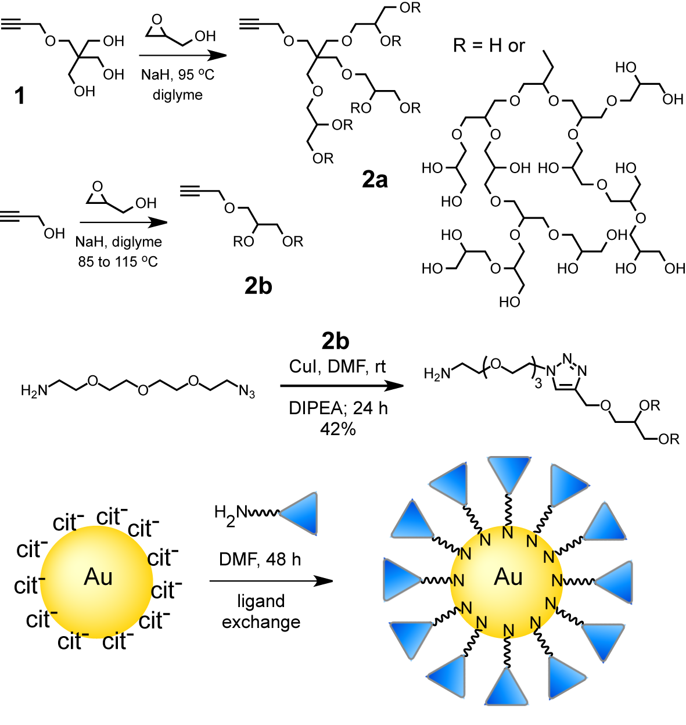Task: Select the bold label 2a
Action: pos(375,180)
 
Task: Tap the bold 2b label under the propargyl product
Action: pos(258,286)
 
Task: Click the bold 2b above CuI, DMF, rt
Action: pos(335,341)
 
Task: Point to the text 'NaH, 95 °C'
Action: pos(177,75)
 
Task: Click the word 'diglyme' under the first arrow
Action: pos(177,95)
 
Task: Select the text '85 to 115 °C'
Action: pos(118,262)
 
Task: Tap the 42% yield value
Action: pos(337,429)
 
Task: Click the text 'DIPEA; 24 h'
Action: pos(337,408)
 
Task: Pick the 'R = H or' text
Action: pos(489,46)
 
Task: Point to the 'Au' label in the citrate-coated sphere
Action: pos(98,577)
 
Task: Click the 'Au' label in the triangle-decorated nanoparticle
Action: pos(508,577)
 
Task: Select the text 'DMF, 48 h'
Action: pos(260,559)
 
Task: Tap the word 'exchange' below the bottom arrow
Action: pos(261,622)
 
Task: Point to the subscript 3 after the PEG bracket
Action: pos(538,383)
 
